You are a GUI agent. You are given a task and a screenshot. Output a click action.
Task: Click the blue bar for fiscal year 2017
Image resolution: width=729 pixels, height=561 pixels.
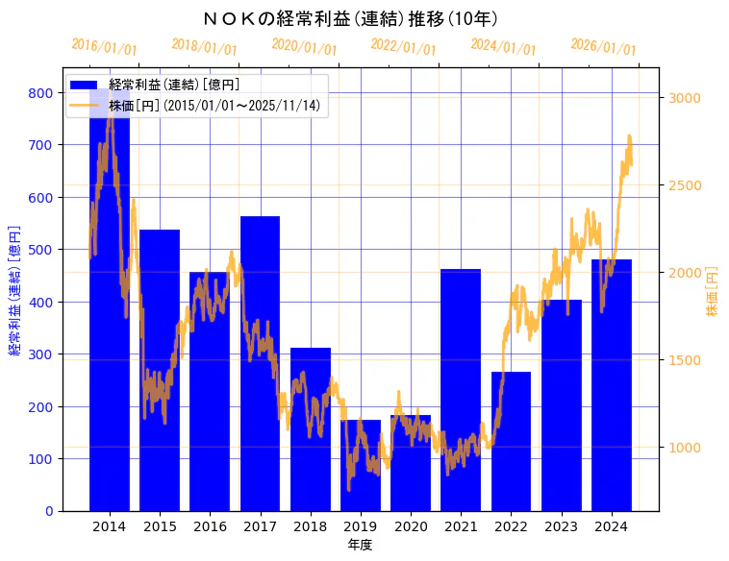tap(260, 365)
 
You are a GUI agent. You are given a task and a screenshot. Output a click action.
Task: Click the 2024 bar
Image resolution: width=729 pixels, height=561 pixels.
tap(612, 384)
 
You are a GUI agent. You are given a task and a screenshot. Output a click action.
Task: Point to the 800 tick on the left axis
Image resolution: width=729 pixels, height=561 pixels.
tap(41, 93)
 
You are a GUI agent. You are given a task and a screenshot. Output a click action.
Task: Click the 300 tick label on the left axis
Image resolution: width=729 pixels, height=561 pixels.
tap(41, 354)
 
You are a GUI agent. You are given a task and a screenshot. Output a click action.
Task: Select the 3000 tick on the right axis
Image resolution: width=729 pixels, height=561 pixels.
tap(685, 98)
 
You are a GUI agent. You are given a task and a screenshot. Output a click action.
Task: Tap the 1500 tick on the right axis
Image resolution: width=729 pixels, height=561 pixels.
tap(685, 360)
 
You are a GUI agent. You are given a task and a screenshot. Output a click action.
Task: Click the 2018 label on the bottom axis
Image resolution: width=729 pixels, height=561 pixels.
tap(310, 526)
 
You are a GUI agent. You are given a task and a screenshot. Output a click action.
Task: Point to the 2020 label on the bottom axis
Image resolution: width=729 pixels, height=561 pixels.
tap(411, 526)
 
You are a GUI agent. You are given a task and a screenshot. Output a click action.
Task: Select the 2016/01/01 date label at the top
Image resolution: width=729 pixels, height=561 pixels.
tap(104, 47)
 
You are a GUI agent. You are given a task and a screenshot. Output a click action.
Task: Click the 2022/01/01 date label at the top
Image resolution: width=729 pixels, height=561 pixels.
tap(403, 47)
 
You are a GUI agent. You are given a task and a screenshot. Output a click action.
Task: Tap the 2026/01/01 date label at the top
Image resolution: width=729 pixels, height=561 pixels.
tap(603, 47)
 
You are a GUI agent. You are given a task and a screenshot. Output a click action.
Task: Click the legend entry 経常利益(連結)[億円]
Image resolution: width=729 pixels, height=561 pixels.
tap(174, 85)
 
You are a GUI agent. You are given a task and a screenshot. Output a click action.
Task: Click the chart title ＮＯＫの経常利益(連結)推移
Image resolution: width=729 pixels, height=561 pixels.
tap(350, 18)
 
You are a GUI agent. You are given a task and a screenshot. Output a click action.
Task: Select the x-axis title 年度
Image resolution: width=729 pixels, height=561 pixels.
tap(360, 545)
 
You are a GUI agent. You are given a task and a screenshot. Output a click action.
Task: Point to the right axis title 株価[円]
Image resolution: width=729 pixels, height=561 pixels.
tap(712, 292)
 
